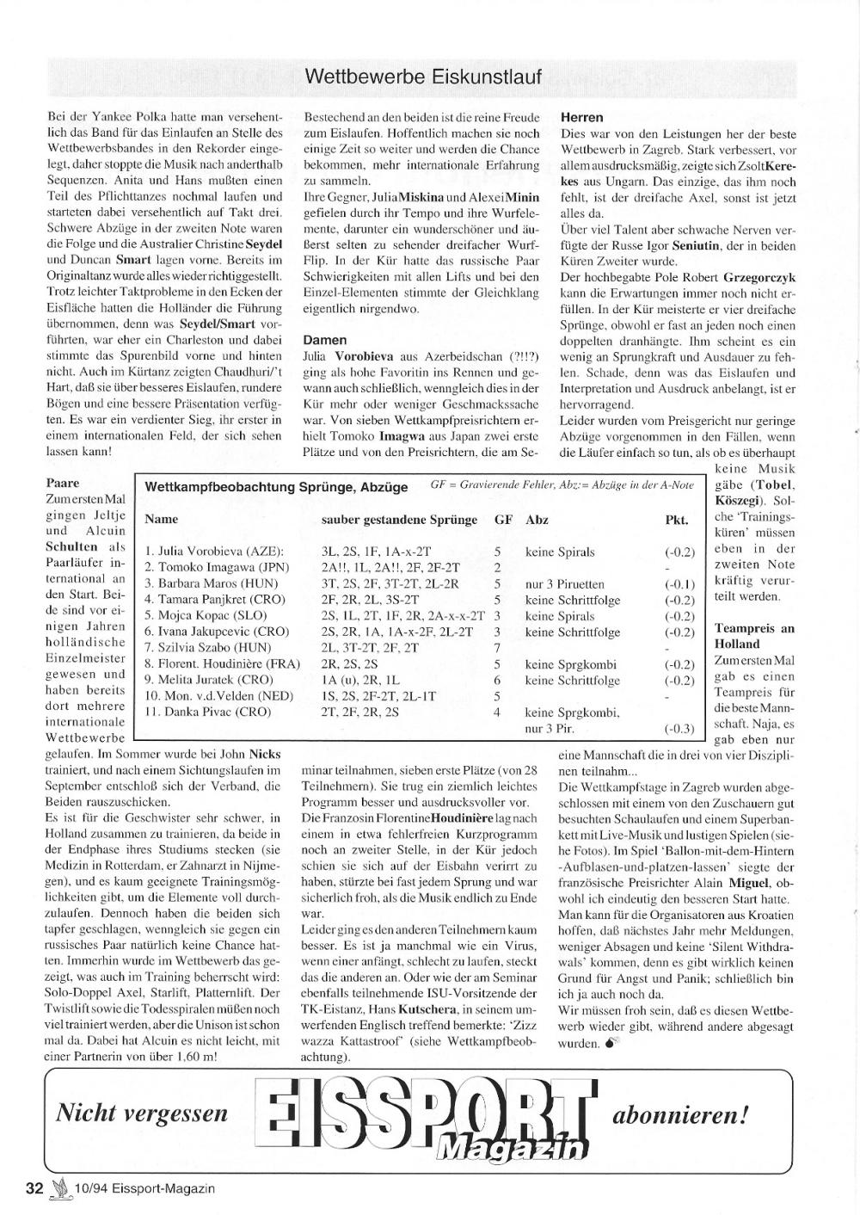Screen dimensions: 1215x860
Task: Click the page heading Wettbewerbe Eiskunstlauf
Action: point(423,77)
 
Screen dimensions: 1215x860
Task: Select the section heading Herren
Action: point(582,117)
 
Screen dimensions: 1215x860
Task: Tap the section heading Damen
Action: point(325,340)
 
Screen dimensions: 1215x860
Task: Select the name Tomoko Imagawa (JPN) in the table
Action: point(217,567)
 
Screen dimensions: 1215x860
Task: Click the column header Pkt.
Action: point(677,520)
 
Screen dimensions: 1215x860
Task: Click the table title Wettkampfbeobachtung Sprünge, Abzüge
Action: point(277,487)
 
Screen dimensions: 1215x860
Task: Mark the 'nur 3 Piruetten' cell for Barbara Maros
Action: point(564,583)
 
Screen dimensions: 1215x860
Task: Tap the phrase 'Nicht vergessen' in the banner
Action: point(142,1113)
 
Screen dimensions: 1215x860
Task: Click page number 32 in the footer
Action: point(34,1188)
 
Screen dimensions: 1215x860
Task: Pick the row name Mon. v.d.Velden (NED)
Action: point(206,695)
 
